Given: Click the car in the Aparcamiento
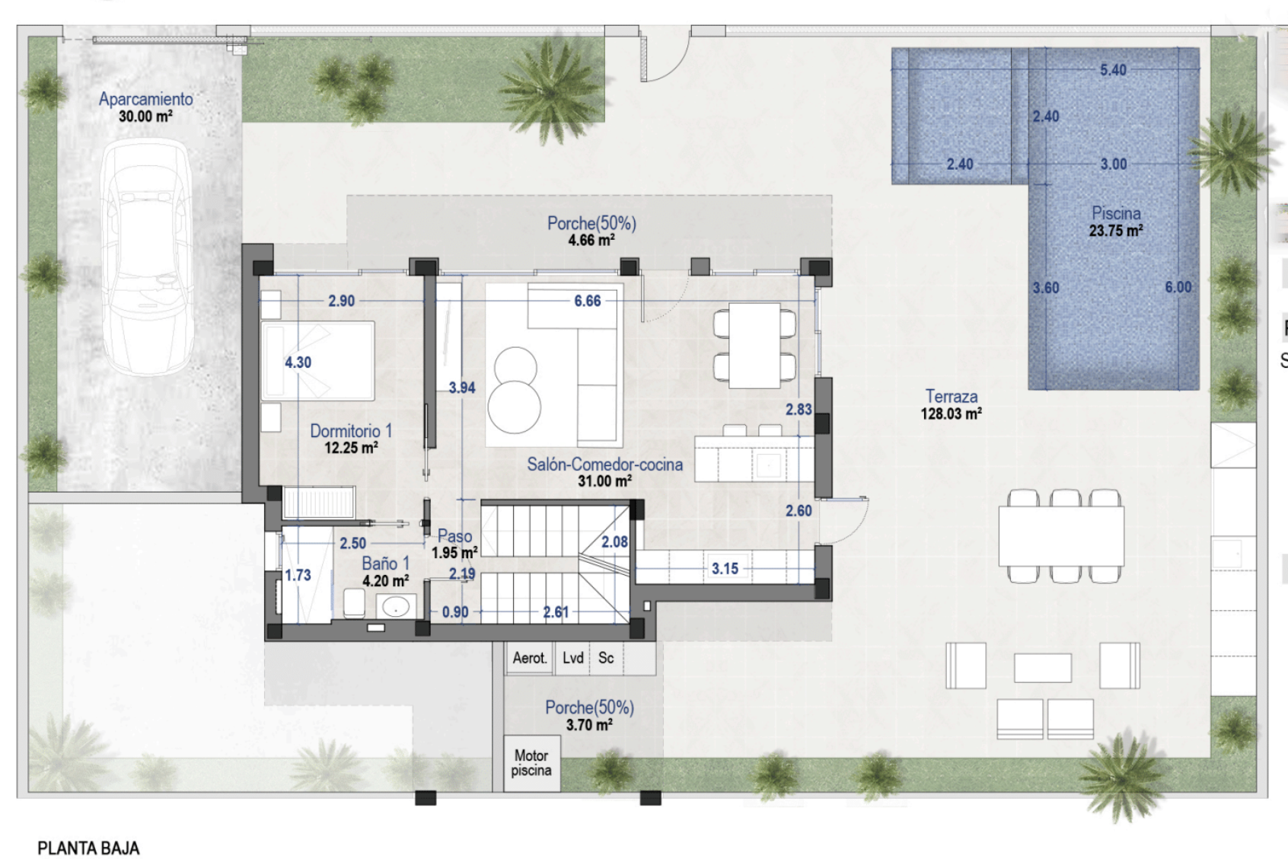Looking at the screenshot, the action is tap(147, 257).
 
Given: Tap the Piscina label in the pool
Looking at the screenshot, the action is tap(1116, 213).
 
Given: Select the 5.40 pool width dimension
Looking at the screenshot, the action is tap(1113, 70).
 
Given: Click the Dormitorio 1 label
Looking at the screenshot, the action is tap(351, 430).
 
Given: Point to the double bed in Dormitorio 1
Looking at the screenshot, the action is tap(317, 361).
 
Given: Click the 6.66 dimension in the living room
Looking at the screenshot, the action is tap(587, 301).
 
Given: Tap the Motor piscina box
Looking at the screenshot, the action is tap(532, 763).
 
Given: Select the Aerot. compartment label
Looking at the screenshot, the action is tap(530, 658).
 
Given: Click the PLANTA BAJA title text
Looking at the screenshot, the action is tap(88, 848).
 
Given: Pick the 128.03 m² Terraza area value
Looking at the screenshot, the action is tap(951, 414).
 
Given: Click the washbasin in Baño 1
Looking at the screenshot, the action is tap(396, 606).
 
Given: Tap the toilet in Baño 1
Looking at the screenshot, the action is tap(354, 604).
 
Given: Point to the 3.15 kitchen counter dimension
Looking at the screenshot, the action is tap(725, 568).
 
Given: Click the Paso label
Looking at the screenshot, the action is tap(454, 535).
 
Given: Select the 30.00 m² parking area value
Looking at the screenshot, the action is tap(145, 117).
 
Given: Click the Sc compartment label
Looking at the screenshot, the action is tap(606, 658).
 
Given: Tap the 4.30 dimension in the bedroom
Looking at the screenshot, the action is tap(298, 362).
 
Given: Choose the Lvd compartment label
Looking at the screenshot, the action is tap(572, 658).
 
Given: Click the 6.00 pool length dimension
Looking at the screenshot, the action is tap(1178, 287).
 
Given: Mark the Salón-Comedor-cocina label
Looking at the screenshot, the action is tap(605, 465).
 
